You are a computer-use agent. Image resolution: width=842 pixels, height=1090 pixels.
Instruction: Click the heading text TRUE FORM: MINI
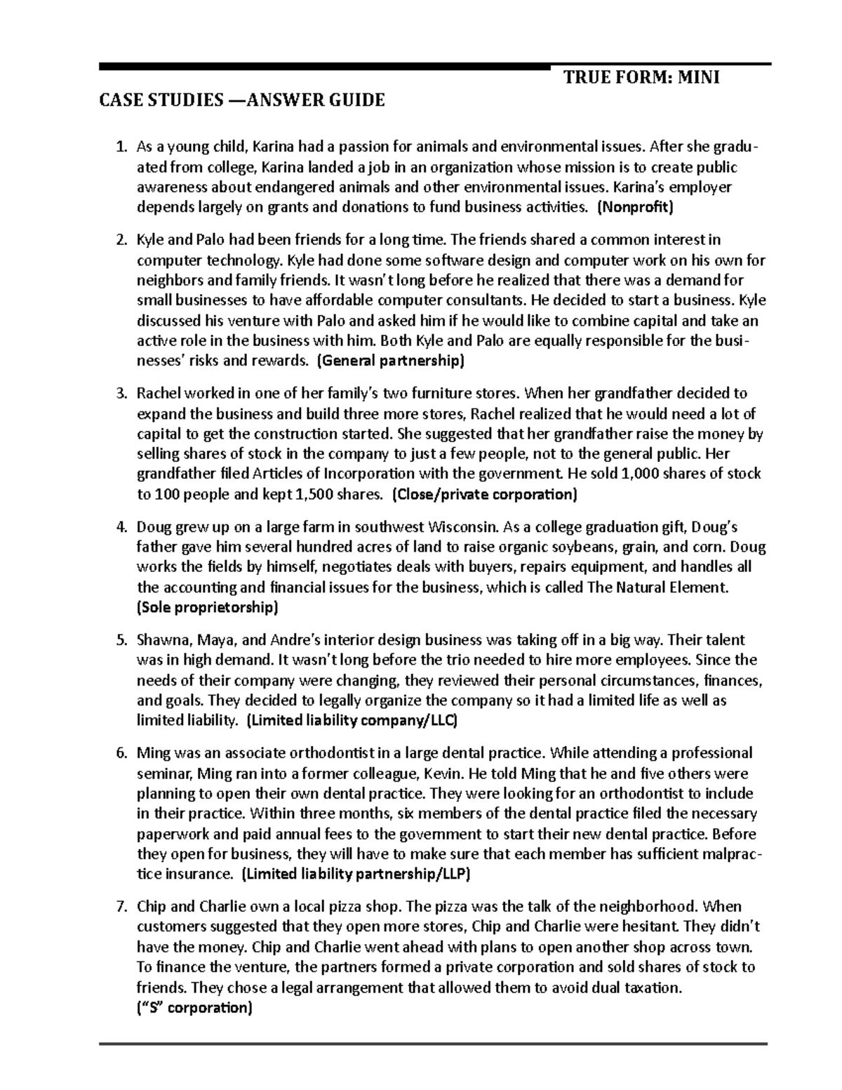point(642,77)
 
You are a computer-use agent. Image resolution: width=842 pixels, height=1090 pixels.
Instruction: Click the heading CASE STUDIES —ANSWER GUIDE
point(242,100)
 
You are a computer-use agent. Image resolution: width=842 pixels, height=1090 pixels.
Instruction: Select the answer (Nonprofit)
point(634,207)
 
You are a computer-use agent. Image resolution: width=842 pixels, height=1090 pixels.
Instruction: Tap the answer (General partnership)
point(391,361)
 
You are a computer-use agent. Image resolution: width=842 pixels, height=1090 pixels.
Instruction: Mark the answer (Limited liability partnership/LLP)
point(356,875)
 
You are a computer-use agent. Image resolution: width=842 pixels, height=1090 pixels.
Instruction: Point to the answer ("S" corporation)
point(193,1008)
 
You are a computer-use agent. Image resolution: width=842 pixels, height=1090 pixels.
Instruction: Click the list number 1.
point(120,147)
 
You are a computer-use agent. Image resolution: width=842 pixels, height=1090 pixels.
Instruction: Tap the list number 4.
point(120,526)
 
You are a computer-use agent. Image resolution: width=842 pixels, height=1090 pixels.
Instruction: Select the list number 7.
point(120,907)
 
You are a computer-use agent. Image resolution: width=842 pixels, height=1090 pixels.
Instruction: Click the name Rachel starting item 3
point(158,393)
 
